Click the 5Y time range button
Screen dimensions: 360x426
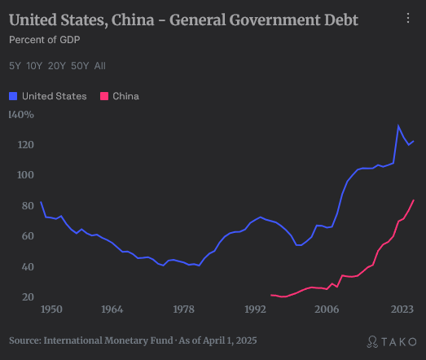[x=15, y=65]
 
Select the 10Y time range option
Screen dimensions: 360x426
[x=34, y=65]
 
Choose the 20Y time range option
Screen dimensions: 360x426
[x=57, y=65]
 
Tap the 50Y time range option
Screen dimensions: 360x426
[x=80, y=65]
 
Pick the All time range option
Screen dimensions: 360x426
[x=99, y=65]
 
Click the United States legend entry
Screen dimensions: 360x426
[x=48, y=96]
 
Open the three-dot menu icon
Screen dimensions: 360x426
[x=408, y=18]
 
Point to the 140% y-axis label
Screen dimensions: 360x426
[x=21, y=115]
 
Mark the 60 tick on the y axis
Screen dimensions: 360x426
[x=27, y=236]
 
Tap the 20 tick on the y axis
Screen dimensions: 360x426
[x=27, y=297]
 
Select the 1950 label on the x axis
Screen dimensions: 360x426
[x=51, y=310]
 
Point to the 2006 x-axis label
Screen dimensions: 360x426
[x=327, y=310]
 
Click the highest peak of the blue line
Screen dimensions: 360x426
[x=398, y=125]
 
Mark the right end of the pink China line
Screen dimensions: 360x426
[x=414, y=200]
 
